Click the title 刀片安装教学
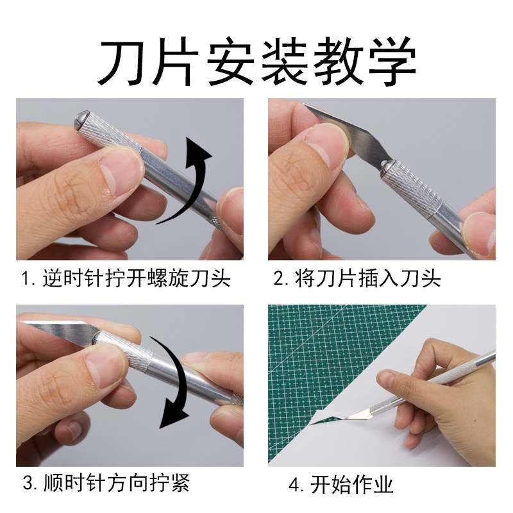(x=258, y=62)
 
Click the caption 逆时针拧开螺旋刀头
(x=137, y=279)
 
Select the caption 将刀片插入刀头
(x=367, y=279)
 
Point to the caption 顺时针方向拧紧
(x=117, y=483)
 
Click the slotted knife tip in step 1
(x=82, y=121)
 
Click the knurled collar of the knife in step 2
(x=413, y=189)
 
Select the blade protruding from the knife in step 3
(x=59, y=330)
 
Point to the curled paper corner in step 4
(x=327, y=419)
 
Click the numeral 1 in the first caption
(x=26, y=279)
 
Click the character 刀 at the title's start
(x=122, y=62)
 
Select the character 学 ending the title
(x=392, y=62)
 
